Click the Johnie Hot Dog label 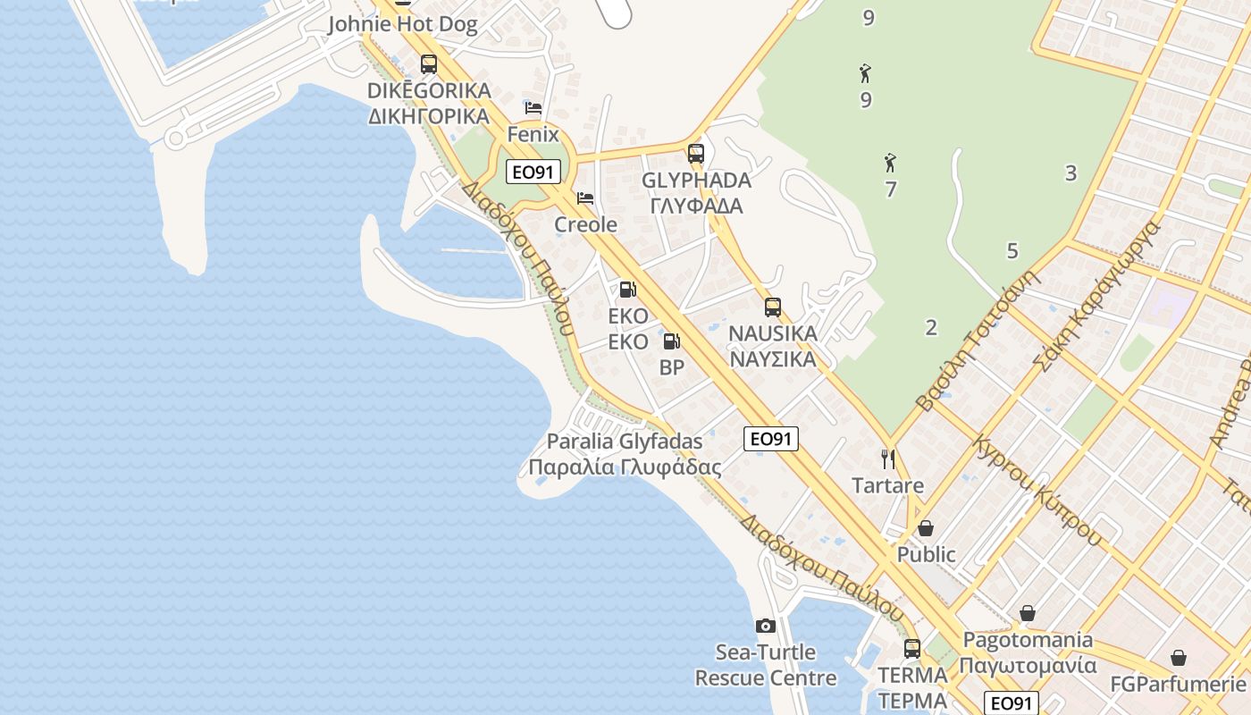[x=402, y=24]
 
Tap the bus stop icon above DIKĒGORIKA [x=429, y=63]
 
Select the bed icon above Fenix [x=533, y=108]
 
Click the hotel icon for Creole [x=585, y=198]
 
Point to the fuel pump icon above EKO [x=627, y=290]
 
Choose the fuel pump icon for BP [x=671, y=341]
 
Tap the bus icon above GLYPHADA [x=696, y=153]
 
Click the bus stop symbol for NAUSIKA [x=773, y=307]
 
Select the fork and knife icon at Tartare [x=887, y=459]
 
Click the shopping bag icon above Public [x=926, y=528]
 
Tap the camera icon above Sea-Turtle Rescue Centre [x=765, y=626]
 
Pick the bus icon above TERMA [x=912, y=648]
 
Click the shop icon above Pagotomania [x=1028, y=613]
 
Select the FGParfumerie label [x=1177, y=685]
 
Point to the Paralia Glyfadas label [x=625, y=442]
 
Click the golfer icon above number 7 [x=890, y=163]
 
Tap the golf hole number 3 [x=1070, y=173]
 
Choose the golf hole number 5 [x=1012, y=251]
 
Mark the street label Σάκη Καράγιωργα [x=1096, y=295]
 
